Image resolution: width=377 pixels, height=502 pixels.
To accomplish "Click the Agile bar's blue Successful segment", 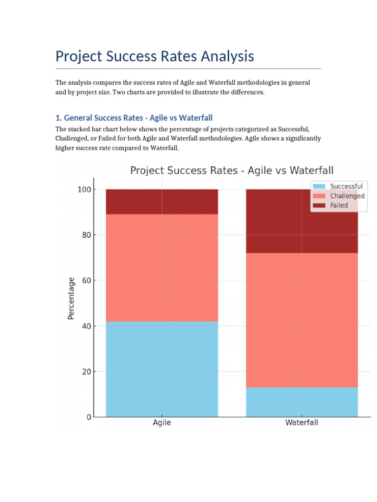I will point(162,369).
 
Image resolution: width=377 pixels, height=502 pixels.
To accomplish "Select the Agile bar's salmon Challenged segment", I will point(162,268).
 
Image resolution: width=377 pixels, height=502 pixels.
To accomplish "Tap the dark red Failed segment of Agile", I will point(162,201).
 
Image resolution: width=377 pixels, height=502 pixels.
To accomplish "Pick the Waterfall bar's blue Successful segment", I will point(301,402).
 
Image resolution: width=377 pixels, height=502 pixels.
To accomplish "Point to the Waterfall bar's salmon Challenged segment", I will point(301,320).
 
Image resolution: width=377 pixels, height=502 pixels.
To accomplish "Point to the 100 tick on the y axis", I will point(84,190).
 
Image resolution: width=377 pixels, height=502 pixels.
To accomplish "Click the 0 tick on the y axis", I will point(89,417).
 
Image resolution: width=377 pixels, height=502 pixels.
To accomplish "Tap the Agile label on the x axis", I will point(162,423).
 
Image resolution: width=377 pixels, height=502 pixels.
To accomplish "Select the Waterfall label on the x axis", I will point(301,423).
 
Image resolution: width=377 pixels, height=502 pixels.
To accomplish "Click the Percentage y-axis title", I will point(72,299).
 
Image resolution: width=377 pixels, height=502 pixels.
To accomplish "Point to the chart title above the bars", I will point(232,171).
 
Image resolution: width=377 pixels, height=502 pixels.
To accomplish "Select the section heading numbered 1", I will point(134,118).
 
